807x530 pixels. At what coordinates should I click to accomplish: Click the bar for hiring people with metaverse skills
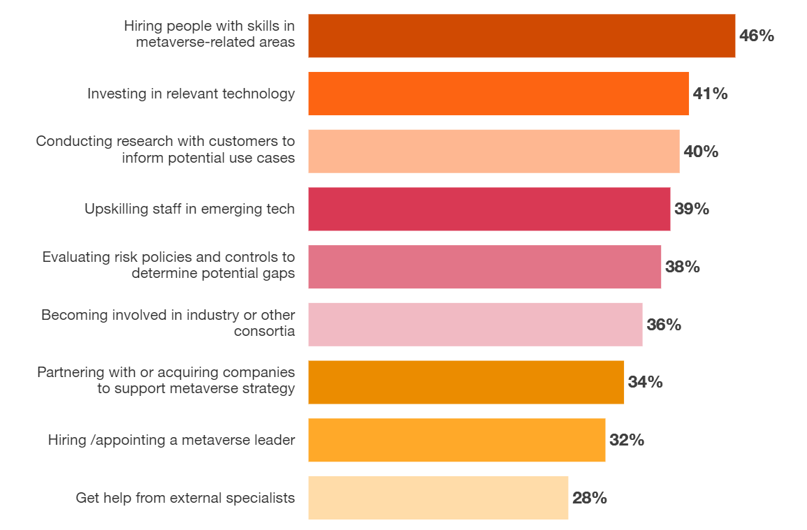(521, 36)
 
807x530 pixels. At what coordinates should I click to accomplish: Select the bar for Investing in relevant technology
(498, 94)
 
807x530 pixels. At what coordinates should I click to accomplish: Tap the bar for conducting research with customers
(493, 152)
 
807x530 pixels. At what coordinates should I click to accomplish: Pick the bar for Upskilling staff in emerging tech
(489, 209)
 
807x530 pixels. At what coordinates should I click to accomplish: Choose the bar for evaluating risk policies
(484, 267)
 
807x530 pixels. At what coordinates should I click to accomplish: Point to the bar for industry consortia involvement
(475, 325)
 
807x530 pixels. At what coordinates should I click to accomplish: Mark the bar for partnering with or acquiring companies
(466, 382)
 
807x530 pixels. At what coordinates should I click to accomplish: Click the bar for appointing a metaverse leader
(456, 440)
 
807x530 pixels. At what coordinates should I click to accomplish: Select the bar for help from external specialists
(438, 498)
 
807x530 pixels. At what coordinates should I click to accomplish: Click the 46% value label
(757, 36)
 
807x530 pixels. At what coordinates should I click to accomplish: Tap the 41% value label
(710, 94)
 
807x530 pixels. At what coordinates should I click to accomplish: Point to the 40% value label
(701, 152)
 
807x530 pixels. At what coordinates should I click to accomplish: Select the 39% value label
(692, 209)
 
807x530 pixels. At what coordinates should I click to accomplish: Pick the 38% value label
(682, 267)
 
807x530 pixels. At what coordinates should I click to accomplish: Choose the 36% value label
(664, 325)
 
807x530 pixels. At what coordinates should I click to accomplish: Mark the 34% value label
(645, 382)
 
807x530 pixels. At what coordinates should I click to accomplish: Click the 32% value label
(626, 440)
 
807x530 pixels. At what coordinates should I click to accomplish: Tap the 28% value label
(589, 498)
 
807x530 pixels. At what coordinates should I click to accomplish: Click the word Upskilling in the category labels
(115, 209)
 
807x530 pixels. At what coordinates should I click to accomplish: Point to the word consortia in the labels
(264, 331)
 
